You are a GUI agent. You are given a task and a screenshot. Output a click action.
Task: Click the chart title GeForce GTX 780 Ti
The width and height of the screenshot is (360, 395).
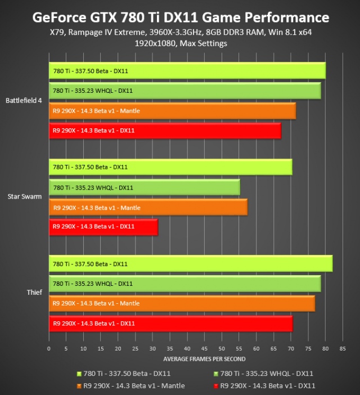click(x=180, y=17)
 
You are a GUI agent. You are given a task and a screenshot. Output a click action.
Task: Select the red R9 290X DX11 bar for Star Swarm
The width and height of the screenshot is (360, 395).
click(x=103, y=227)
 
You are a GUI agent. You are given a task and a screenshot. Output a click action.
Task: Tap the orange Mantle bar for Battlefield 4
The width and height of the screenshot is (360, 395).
click(x=172, y=111)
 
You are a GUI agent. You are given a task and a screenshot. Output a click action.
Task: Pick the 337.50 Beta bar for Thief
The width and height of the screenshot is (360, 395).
click(x=191, y=264)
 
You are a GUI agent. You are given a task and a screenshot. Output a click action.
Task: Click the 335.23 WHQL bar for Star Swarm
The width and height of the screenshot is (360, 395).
click(x=145, y=188)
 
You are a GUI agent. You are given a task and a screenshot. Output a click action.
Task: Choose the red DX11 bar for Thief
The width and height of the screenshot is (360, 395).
click(x=171, y=324)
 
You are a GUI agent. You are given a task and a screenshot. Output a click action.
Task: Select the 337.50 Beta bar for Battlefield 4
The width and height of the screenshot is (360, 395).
click(x=187, y=71)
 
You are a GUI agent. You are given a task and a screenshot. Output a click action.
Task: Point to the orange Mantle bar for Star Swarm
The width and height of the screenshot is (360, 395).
click(x=148, y=208)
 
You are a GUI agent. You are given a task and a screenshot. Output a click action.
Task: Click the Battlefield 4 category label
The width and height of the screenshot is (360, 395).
click(x=24, y=101)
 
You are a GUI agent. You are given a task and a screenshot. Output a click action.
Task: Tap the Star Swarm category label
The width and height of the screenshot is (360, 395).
click(x=25, y=196)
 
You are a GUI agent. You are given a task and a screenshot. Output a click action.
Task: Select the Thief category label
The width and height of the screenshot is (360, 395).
click(x=35, y=292)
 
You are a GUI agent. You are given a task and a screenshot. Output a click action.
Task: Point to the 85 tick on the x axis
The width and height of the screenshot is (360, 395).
click(x=343, y=349)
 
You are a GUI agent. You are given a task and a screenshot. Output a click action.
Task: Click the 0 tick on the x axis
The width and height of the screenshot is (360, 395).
click(x=49, y=349)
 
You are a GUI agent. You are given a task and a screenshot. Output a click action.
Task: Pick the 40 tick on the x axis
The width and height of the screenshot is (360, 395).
click(x=187, y=349)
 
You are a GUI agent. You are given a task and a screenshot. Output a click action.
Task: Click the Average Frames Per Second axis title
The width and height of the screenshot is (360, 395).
click(x=204, y=359)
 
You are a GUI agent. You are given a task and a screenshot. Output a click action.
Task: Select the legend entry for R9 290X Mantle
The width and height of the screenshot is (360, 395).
click(x=130, y=385)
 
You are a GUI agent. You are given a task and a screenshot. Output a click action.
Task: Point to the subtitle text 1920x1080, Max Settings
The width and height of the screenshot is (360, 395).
click(x=180, y=43)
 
